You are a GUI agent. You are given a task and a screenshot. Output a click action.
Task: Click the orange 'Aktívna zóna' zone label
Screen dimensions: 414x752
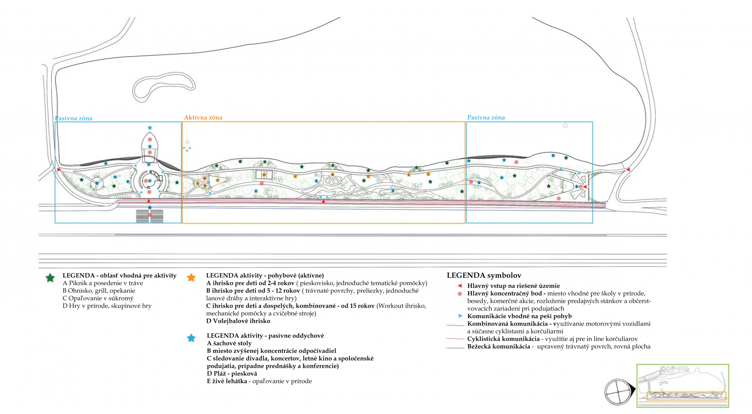pyautogui.click(x=203, y=118)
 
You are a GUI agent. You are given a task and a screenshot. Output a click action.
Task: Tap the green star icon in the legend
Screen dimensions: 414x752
pyautogui.click(x=50, y=278)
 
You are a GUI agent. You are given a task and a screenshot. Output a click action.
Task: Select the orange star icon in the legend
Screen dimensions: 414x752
pyautogui.click(x=191, y=277)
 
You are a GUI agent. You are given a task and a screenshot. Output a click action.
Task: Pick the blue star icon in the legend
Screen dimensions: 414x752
pyautogui.click(x=191, y=338)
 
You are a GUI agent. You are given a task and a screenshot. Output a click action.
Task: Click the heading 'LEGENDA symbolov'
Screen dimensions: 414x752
pyautogui.click(x=484, y=275)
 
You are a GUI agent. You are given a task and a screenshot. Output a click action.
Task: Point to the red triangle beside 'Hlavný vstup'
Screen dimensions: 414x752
pyautogui.click(x=460, y=286)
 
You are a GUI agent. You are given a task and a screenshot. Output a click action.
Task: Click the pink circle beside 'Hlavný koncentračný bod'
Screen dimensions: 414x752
pyautogui.click(x=460, y=294)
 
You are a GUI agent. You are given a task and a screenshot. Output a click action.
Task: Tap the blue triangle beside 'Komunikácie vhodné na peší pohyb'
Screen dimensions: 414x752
pyautogui.click(x=460, y=316)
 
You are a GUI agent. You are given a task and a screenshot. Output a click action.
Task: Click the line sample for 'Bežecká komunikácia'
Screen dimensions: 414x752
pyautogui.click(x=455, y=348)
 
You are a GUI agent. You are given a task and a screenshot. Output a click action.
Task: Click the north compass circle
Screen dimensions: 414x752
pyautogui.click(x=618, y=392)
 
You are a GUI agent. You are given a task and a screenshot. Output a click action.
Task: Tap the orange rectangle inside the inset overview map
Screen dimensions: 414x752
pyautogui.click(x=687, y=396)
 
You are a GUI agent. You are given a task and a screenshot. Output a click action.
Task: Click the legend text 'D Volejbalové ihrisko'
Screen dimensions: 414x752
pyautogui.click(x=238, y=321)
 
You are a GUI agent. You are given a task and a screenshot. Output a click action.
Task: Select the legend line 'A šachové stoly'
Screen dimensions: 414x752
pyautogui.click(x=229, y=343)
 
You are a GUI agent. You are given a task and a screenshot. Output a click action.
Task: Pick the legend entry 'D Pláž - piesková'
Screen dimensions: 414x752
pyautogui.click(x=232, y=373)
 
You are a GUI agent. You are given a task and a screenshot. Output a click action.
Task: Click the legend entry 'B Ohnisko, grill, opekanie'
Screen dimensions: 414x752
pyautogui.click(x=99, y=291)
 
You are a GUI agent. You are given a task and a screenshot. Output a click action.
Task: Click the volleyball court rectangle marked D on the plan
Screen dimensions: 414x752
pyautogui.click(x=264, y=175)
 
